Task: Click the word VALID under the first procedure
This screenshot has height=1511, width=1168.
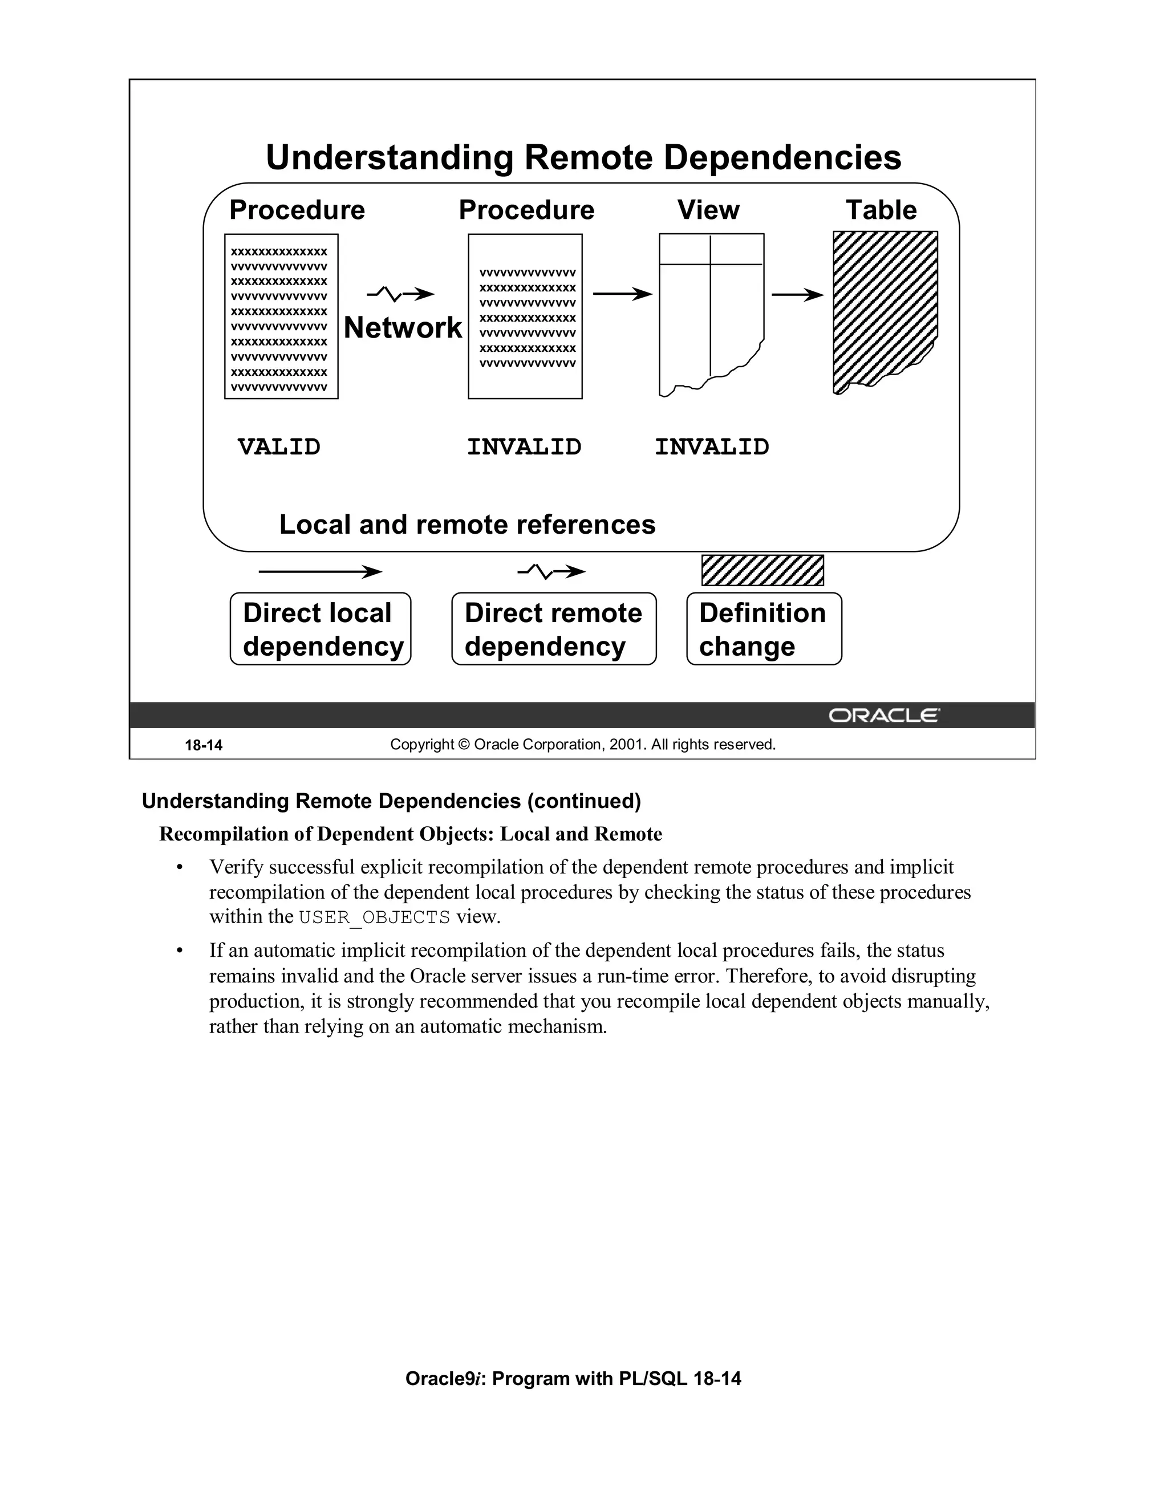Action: pos(279,447)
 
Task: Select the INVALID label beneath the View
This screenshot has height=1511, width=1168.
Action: pos(711,447)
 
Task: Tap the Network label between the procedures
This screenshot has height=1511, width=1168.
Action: pos(403,328)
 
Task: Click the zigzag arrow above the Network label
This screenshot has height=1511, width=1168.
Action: pos(400,295)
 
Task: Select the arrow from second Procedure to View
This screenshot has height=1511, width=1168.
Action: pos(622,295)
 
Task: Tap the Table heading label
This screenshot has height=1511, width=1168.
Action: pos(881,210)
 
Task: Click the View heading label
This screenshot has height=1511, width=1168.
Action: pos(708,210)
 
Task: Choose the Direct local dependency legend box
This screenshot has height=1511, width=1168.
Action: pos(321,629)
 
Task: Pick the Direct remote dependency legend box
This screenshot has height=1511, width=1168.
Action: pos(554,629)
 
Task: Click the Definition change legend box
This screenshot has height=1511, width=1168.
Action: pos(764,629)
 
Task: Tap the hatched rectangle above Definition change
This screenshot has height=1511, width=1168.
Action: pos(763,571)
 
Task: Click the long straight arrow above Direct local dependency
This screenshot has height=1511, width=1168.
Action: pos(320,571)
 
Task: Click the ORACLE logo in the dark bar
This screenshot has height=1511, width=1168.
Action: pos(883,716)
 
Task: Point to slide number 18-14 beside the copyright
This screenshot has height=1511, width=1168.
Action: pos(204,746)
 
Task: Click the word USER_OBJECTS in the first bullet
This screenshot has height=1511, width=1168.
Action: pos(374,917)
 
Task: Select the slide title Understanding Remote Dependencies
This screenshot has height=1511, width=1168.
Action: pos(583,158)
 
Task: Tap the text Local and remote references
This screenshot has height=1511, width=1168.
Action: pos(467,525)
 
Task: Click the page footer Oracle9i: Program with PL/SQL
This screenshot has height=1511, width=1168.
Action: pos(573,1378)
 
